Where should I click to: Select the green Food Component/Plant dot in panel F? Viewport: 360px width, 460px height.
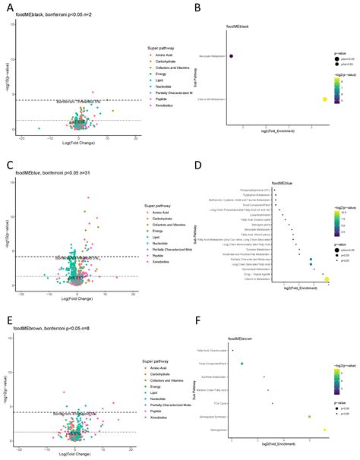242,364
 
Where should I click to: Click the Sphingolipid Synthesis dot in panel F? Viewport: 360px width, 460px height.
309,417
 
